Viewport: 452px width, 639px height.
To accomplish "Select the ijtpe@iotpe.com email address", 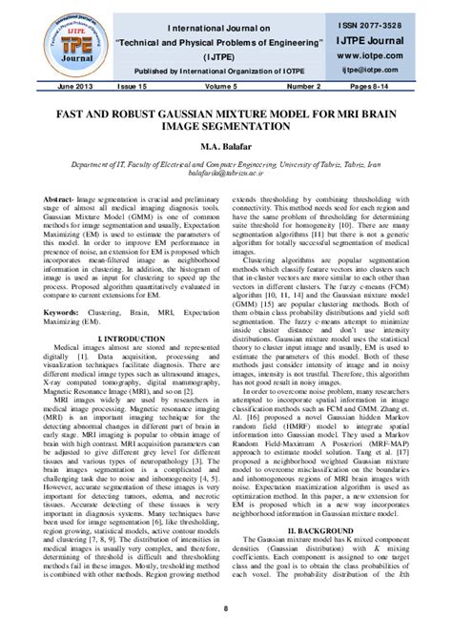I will click(394, 71).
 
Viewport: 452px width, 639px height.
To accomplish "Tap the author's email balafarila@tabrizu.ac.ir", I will click(226, 174).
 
